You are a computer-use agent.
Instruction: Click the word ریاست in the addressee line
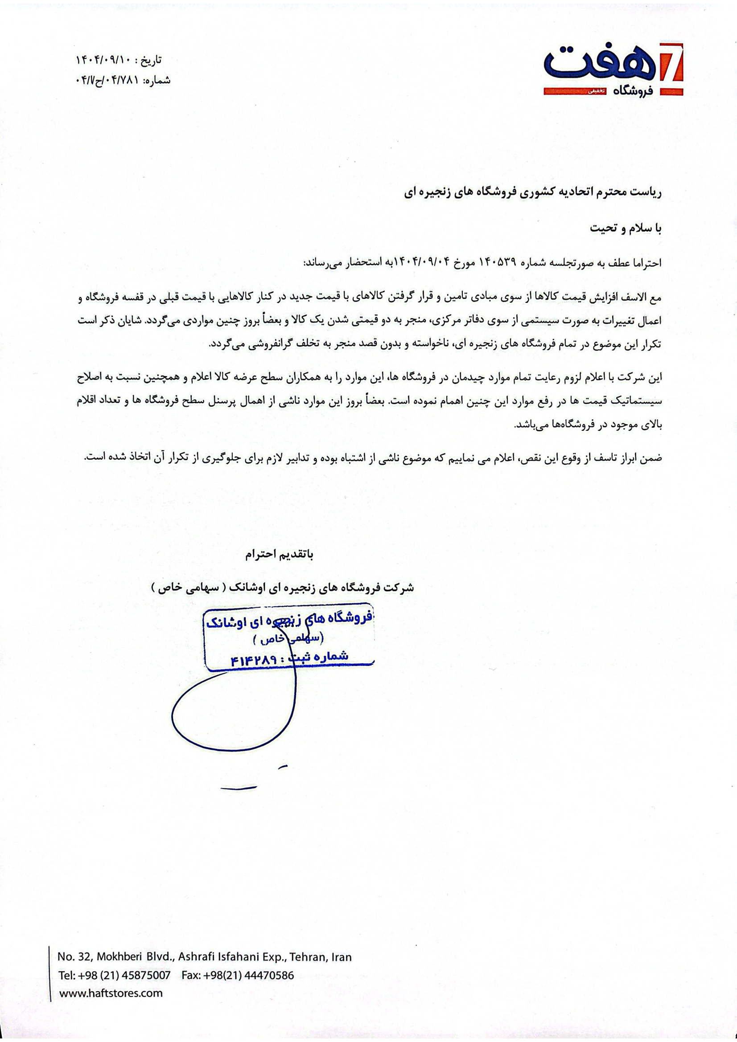(x=647, y=192)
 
